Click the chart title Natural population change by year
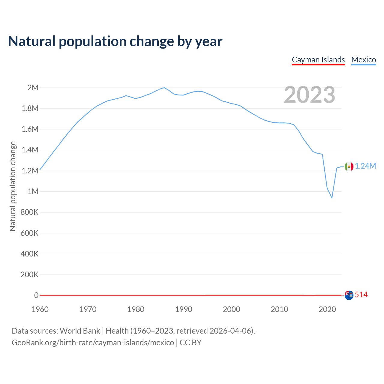pyautogui.click(x=115, y=41)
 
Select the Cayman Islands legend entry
pyautogui.click(x=318, y=60)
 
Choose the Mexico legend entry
pyautogui.click(x=364, y=60)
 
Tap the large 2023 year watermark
pyautogui.click(x=309, y=95)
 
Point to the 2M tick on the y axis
pyautogui.click(x=33, y=88)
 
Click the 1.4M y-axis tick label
pyautogui.click(x=30, y=150)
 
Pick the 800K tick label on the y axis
pyautogui.click(x=29, y=212)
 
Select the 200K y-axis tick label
pyautogui.click(x=29, y=274)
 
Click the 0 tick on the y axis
pyautogui.click(x=36, y=295)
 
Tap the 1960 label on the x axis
pyautogui.click(x=40, y=309)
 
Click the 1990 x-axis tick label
pyautogui.click(x=184, y=309)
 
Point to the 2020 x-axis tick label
pyautogui.click(x=327, y=309)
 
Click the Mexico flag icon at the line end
pyautogui.click(x=349, y=166)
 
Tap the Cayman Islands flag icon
pyautogui.click(x=349, y=295)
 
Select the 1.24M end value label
pyautogui.click(x=365, y=166)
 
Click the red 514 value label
pyautogui.click(x=361, y=295)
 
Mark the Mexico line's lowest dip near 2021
pyautogui.click(x=332, y=198)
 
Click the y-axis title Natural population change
pyautogui.click(x=13, y=186)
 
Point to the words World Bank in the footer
pyautogui.click(x=80, y=331)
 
